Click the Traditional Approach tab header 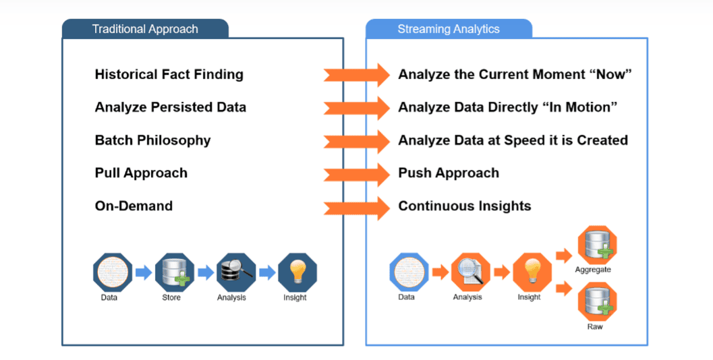click(x=145, y=29)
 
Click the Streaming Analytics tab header click(x=449, y=29)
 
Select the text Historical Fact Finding click(x=169, y=74)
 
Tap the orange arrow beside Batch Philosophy click(x=356, y=140)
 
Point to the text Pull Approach click(x=141, y=173)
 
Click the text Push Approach click(x=449, y=173)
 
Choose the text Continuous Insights click(x=464, y=206)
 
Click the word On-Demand click(x=134, y=206)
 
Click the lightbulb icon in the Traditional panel click(x=297, y=272)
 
